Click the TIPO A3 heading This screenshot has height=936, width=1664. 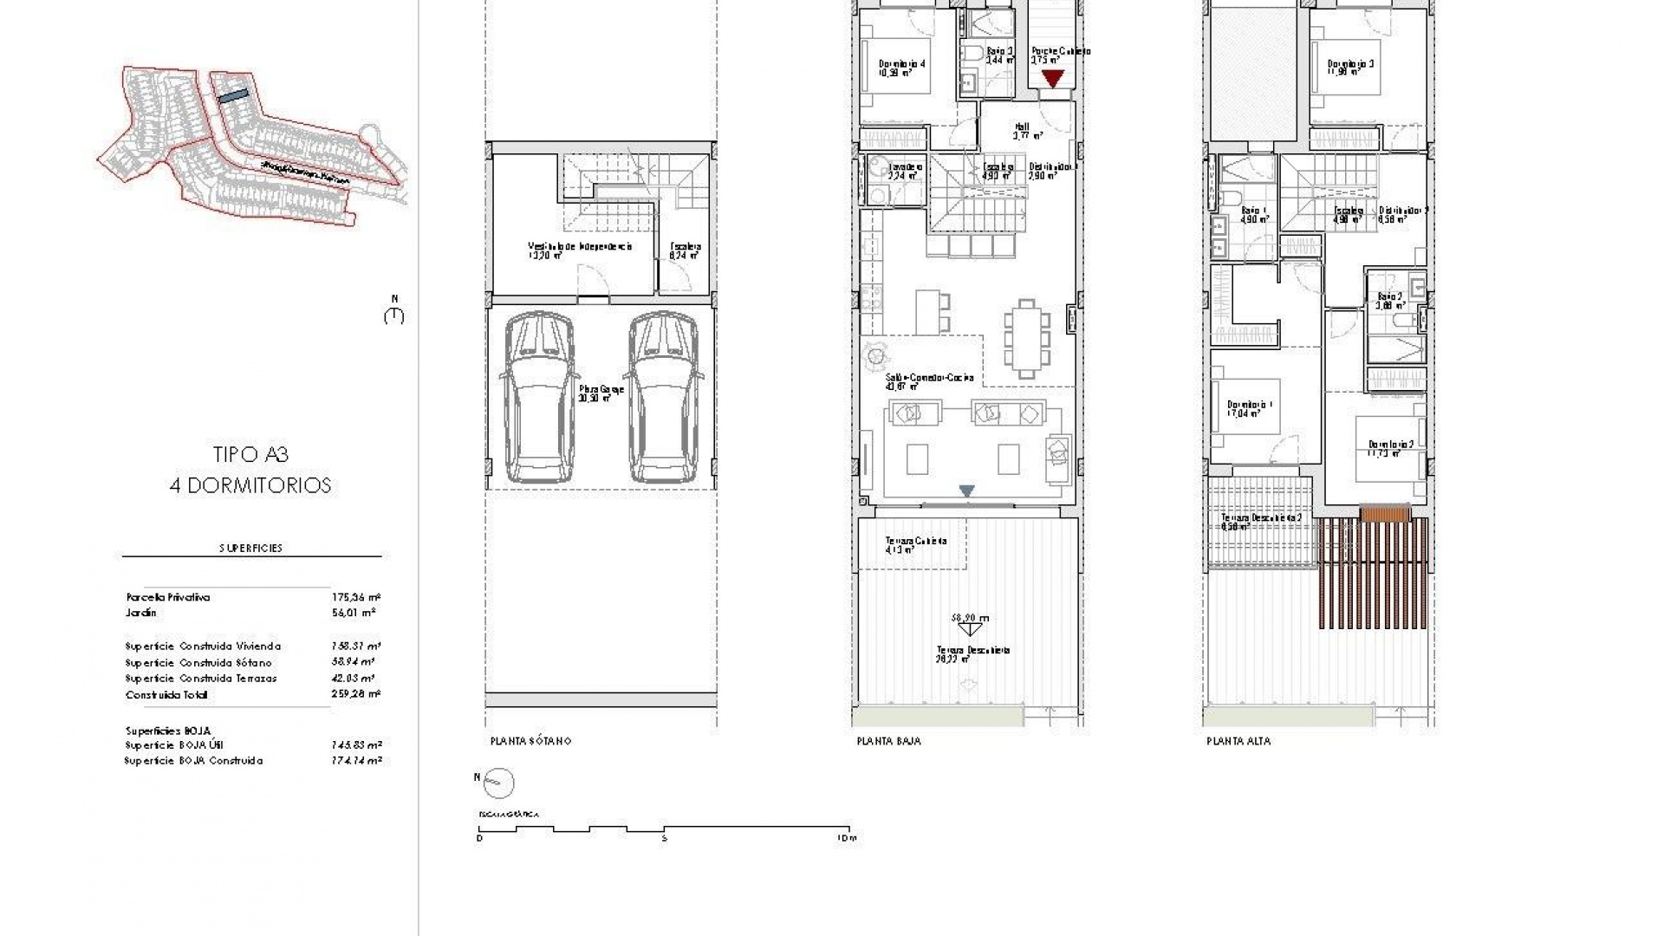pos(250,454)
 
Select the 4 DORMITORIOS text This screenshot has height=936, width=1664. pos(250,485)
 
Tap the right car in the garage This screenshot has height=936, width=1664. pos(663,399)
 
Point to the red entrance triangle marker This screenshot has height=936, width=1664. pos(1052,79)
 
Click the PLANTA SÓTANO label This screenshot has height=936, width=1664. pos(530,741)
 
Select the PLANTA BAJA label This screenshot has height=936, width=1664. pos(888,741)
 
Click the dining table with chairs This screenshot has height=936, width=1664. pos(1027,338)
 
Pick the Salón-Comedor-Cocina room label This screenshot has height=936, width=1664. pos(929,378)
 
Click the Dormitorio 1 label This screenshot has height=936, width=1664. pos(1249,405)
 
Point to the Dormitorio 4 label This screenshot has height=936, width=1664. pos(902,63)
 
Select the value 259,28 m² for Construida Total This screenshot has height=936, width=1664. pos(356,694)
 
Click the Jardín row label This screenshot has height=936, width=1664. pos(141,613)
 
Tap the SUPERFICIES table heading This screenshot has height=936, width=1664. pos(250,548)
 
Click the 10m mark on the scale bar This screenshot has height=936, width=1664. pos(848,838)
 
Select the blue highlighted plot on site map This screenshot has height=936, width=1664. pos(232,97)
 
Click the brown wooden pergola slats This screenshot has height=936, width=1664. pos(1375,572)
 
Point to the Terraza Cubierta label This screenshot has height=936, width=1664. pos(915,541)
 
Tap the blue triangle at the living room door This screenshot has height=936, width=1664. pos(967,491)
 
